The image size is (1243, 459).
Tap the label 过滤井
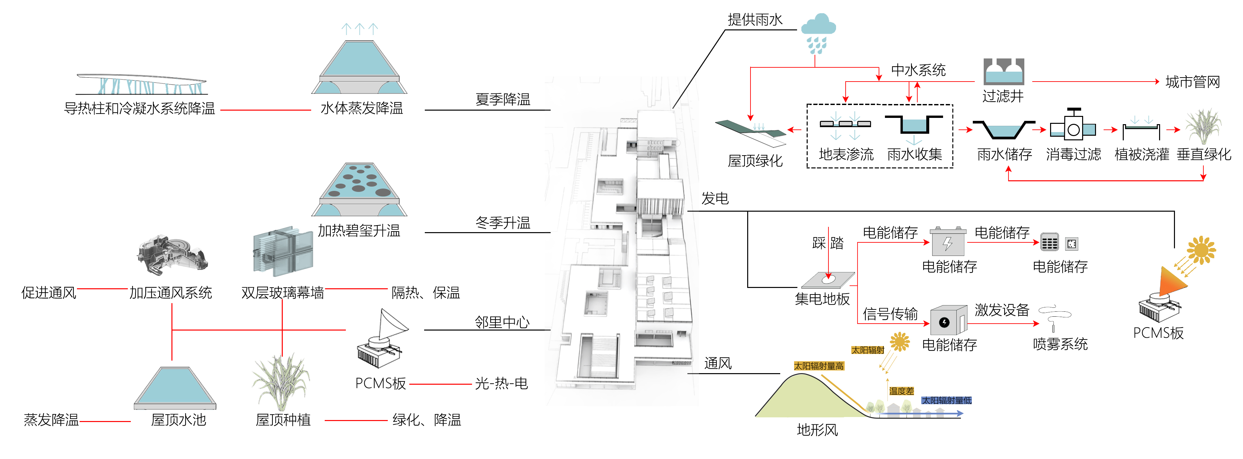coord(1003,96)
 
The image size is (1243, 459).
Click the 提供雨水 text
coord(755,20)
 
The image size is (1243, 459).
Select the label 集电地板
coord(822,299)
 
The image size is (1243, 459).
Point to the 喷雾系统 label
coord(1060,344)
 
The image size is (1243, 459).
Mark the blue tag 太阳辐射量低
coord(946,400)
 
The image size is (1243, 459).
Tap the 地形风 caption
coord(817,430)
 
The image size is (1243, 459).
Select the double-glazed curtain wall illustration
coord(283,252)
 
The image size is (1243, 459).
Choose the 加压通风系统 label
coord(170,293)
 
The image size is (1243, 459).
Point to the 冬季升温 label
coord(502,223)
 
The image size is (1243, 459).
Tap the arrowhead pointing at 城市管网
coord(1157,82)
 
